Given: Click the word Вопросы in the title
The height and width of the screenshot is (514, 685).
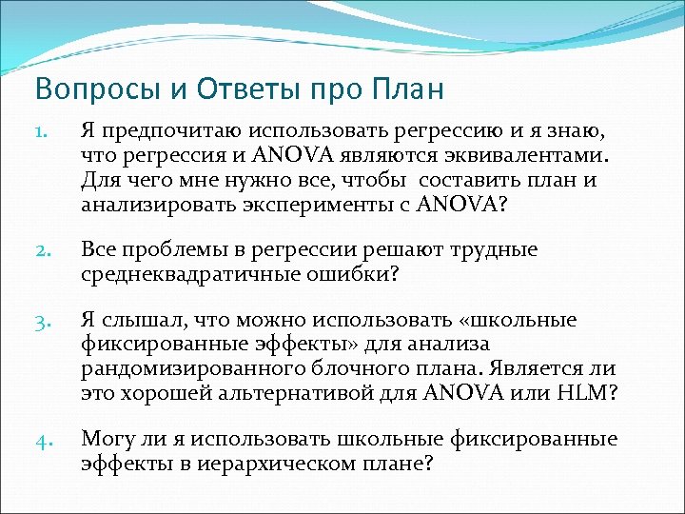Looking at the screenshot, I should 81,90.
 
